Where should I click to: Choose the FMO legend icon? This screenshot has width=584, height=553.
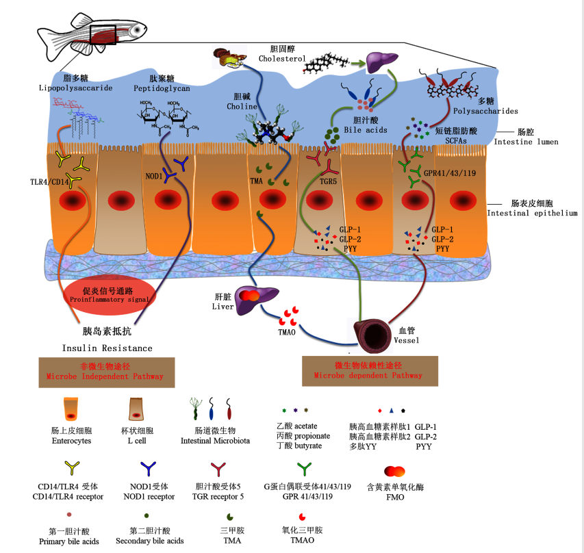pos(395,472)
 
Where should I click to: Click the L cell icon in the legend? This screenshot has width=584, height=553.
pos(137,409)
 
